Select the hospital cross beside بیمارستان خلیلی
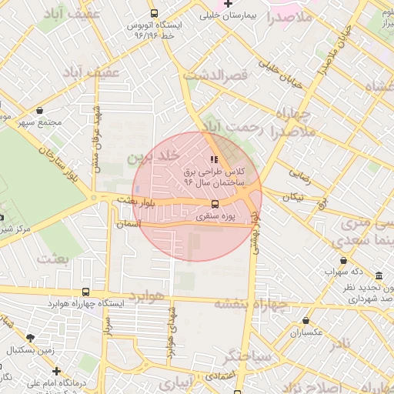point(228,4)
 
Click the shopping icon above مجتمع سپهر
point(38,111)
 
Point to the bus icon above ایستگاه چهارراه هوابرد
point(85,292)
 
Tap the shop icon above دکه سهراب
point(342,262)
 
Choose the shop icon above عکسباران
point(306,321)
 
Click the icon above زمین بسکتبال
point(30,338)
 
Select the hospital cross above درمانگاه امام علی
point(56,371)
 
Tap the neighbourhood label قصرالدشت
point(213,75)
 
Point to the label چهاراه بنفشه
point(250,303)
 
